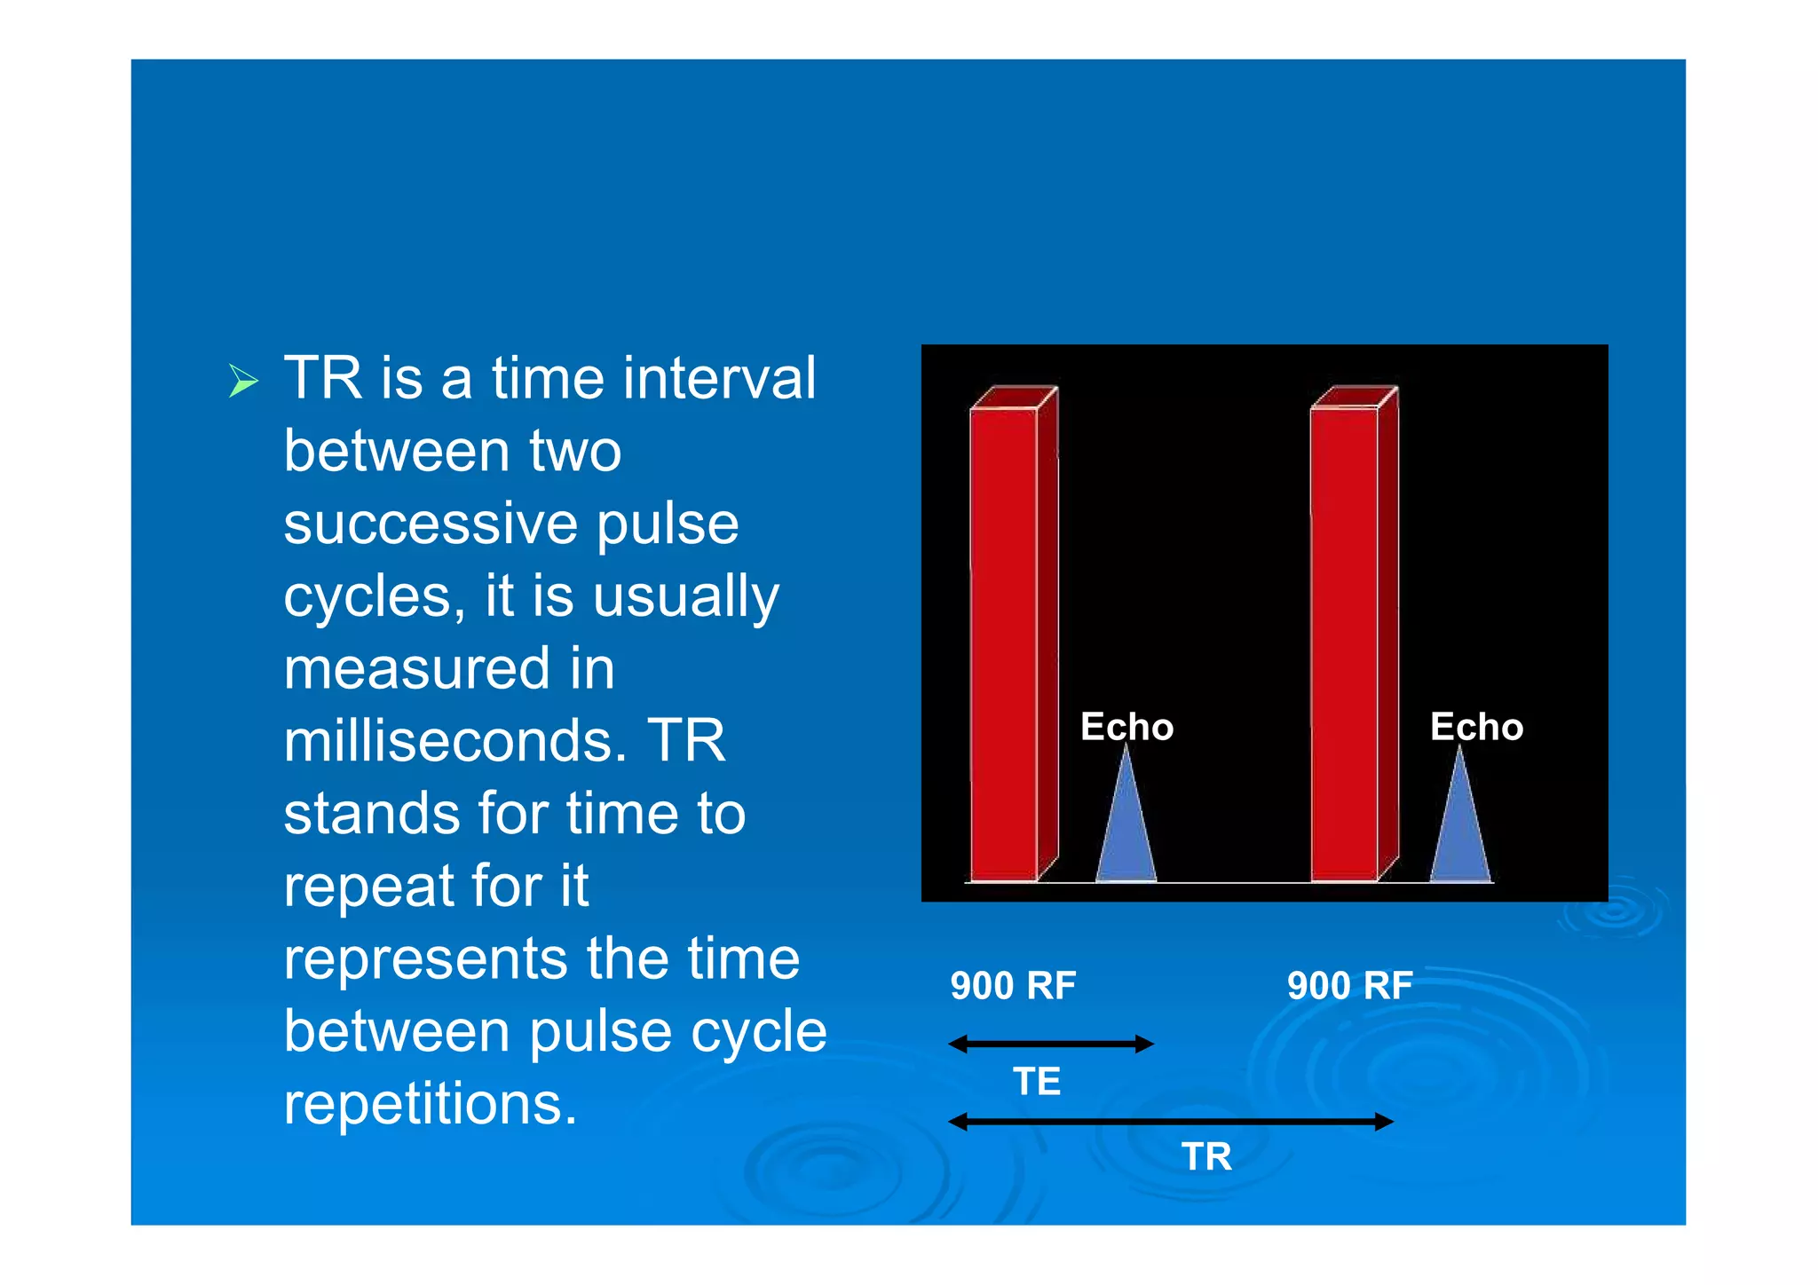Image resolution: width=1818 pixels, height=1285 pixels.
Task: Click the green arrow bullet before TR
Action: click(243, 381)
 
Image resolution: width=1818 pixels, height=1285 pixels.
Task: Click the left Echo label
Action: click(1126, 727)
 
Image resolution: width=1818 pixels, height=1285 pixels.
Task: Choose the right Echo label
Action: click(1476, 727)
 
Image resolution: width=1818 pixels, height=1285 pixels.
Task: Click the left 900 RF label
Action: click(1013, 986)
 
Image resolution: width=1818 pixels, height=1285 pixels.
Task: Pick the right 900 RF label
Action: click(1349, 986)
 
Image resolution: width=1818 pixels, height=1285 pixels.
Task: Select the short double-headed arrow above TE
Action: click(1051, 1044)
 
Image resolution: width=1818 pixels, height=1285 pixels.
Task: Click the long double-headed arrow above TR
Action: click(1171, 1122)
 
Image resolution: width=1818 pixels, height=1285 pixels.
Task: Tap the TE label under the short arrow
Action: click(1037, 1082)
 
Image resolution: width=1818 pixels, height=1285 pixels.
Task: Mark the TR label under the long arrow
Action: click(1206, 1157)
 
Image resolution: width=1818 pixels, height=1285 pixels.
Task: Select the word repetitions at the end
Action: click(430, 1104)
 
